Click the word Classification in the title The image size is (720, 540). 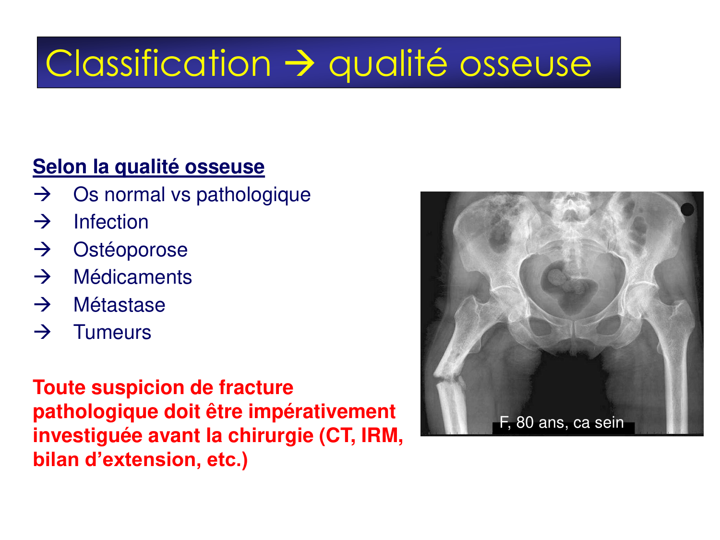[158, 63]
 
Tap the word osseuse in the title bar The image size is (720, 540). [526, 64]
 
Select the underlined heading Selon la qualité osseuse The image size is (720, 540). [149, 167]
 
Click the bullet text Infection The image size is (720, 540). [111, 222]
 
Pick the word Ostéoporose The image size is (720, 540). [130, 250]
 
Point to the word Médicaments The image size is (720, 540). [132, 277]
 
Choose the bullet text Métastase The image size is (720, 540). [119, 305]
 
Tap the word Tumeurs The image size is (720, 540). [112, 332]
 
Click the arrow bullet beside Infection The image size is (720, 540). [43, 222]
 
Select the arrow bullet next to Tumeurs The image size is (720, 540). [43, 332]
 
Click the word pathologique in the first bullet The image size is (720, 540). [253, 194]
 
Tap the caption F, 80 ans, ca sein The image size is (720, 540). [562, 422]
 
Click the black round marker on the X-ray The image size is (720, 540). [687, 209]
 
